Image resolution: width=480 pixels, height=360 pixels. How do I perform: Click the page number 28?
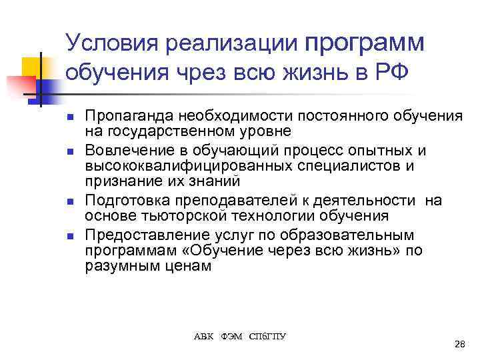(x=459, y=344)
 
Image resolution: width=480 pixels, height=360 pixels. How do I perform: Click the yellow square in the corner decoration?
(x=31, y=66)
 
